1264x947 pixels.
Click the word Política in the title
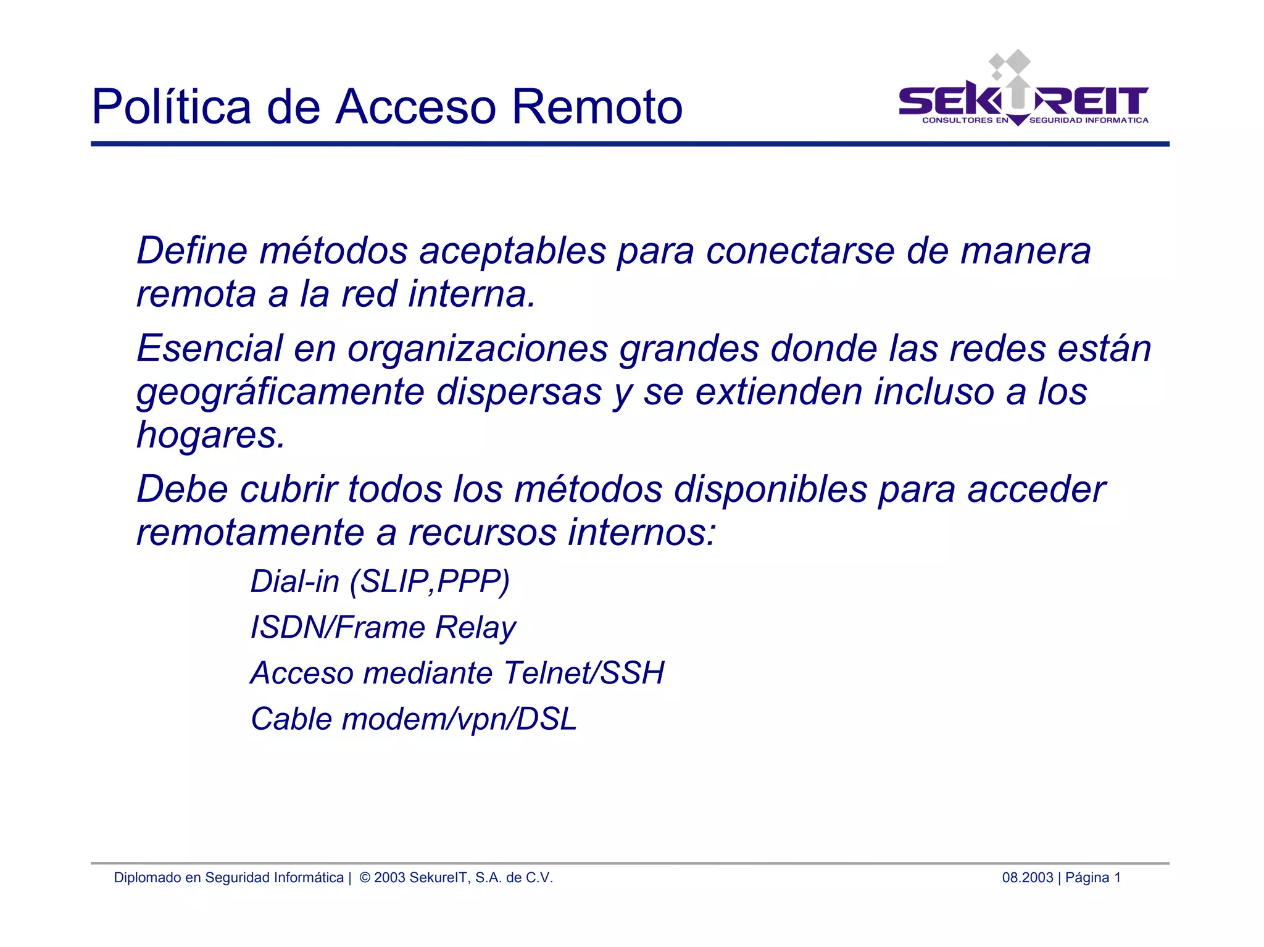click(171, 107)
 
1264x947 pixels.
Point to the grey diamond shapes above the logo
click(1010, 63)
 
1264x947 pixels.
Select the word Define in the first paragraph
click(191, 251)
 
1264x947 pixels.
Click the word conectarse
click(800, 251)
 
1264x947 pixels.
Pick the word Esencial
click(209, 348)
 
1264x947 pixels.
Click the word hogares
click(210, 435)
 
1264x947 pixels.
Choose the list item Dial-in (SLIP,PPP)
click(380, 582)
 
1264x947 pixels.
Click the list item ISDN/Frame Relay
click(383, 627)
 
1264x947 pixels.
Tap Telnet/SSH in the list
click(583, 673)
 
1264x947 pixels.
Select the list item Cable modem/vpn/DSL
click(414, 719)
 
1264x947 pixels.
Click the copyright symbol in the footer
click(365, 878)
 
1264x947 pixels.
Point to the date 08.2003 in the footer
click(1027, 878)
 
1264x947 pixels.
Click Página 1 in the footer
click(1092, 878)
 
